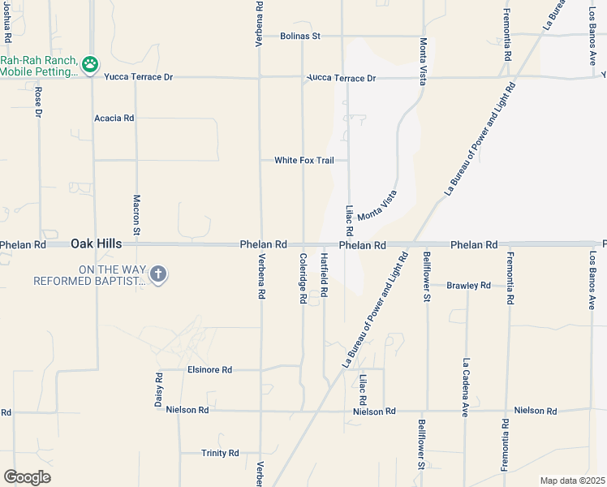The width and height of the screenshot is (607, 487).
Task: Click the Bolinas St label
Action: coord(300,36)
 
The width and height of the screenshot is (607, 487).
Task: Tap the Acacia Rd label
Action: coord(114,118)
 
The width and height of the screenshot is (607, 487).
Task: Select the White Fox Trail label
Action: coord(303,160)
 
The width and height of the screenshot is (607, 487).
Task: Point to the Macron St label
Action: coord(137,215)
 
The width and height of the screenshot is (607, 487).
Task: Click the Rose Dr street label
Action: coord(38,103)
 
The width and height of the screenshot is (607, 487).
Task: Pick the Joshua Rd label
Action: coord(7,24)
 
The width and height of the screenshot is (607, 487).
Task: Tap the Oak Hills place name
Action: coord(96,243)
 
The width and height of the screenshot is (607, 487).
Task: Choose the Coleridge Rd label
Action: coord(303,278)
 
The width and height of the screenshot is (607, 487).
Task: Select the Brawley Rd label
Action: coord(469,285)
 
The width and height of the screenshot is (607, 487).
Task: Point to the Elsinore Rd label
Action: coord(209,369)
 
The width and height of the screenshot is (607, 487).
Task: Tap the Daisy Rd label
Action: coord(159,393)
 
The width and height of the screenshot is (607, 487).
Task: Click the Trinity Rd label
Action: coord(220,453)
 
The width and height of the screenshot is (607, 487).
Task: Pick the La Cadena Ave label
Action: coord(467,388)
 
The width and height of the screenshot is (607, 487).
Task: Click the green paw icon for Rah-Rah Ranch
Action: coord(90,63)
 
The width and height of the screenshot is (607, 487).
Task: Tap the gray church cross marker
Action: coord(158,274)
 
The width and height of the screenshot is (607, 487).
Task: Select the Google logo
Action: coord(27,476)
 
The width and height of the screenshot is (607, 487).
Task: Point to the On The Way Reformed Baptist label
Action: coord(88,275)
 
